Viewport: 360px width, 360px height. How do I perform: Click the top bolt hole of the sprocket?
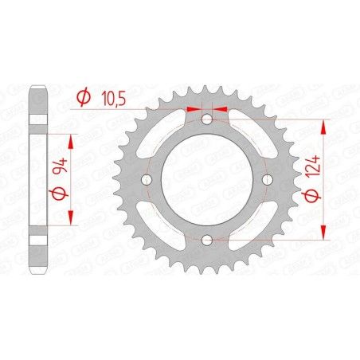point(207,120)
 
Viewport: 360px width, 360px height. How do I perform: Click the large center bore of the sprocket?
point(207,180)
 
